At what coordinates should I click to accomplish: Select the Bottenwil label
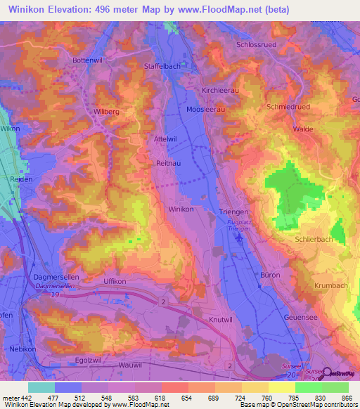(x=87, y=60)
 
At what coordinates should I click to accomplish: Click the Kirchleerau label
(x=219, y=91)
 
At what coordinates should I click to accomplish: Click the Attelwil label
(x=165, y=139)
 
